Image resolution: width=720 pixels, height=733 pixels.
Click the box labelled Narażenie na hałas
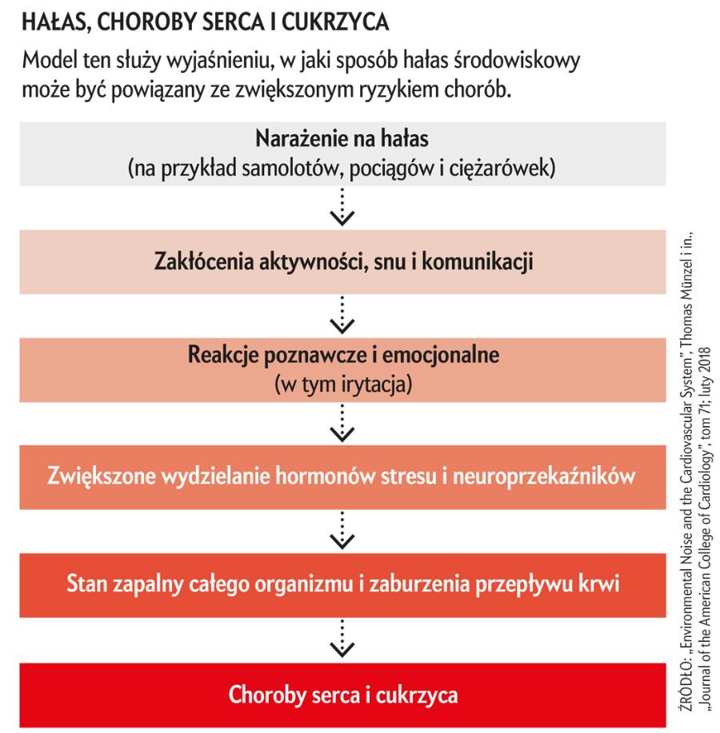pyautogui.click(x=342, y=153)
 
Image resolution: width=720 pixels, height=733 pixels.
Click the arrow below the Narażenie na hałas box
pyautogui.click(x=342, y=206)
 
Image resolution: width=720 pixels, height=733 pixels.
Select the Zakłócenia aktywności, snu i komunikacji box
pyautogui.click(x=342, y=261)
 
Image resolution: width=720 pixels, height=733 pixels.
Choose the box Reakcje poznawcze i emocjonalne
pyautogui.click(x=342, y=368)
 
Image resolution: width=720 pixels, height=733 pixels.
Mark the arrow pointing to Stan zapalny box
pyautogui.click(x=342, y=531)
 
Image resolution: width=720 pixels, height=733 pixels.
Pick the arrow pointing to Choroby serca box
pyautogui.click(x=342, y=639)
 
